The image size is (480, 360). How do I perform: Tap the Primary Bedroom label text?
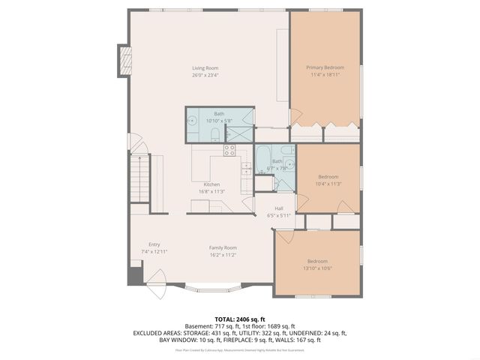325,68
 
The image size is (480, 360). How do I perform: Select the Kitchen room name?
211,184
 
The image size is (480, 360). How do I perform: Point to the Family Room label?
223,247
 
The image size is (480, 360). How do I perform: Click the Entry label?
154,244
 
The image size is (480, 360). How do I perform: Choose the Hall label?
279,208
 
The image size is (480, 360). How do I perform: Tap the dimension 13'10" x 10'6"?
317,268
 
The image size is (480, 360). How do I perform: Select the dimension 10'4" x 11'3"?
328,184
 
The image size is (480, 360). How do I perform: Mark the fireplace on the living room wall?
124,60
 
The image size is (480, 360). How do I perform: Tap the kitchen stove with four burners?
229,149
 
